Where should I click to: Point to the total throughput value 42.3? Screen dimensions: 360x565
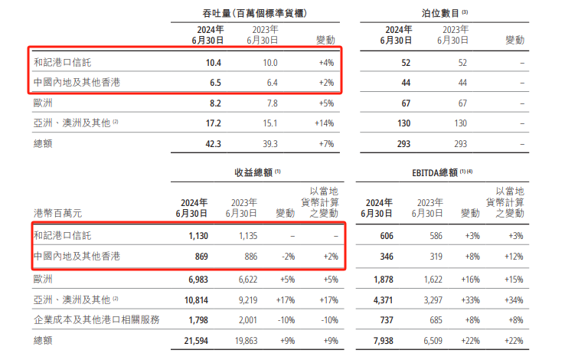(214, 142)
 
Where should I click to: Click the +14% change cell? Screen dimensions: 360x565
(325, 123)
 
